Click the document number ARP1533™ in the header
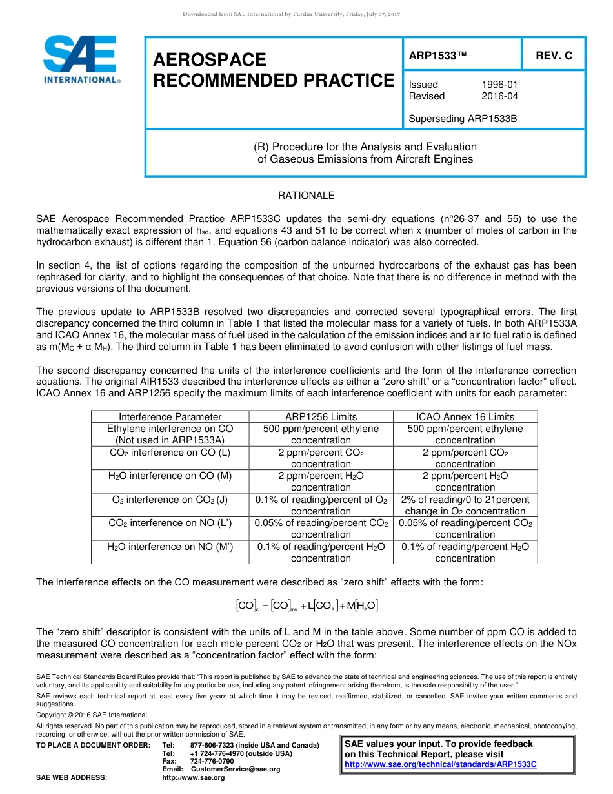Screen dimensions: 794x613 click(x=437, y=56)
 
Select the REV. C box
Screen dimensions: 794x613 click(x=554, y=56)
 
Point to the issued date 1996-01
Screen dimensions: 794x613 click(x=499, y=85)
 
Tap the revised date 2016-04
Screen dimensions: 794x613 click(x=499, y=96)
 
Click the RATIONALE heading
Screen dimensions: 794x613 click(x=306, y=195)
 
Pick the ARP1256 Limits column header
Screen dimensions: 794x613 click(x=321, y=417)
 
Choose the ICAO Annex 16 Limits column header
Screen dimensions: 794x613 click(x=465, y=417)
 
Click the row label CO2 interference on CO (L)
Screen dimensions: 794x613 click(x=170, y=453)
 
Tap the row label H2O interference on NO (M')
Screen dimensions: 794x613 click(x=170, y=547)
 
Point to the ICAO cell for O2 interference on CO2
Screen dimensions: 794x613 click(x=465, y=505)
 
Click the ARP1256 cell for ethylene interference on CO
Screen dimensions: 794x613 click(x=321, y=434)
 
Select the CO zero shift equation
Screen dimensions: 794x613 click(x=306, y=606)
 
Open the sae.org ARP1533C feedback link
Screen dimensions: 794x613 click(x=441, y=764)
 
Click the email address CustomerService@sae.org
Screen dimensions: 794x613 click(x=235, y=769)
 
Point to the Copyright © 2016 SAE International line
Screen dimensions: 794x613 click(x=92, y=715)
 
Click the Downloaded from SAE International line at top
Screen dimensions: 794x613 click(x=292, y=14)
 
